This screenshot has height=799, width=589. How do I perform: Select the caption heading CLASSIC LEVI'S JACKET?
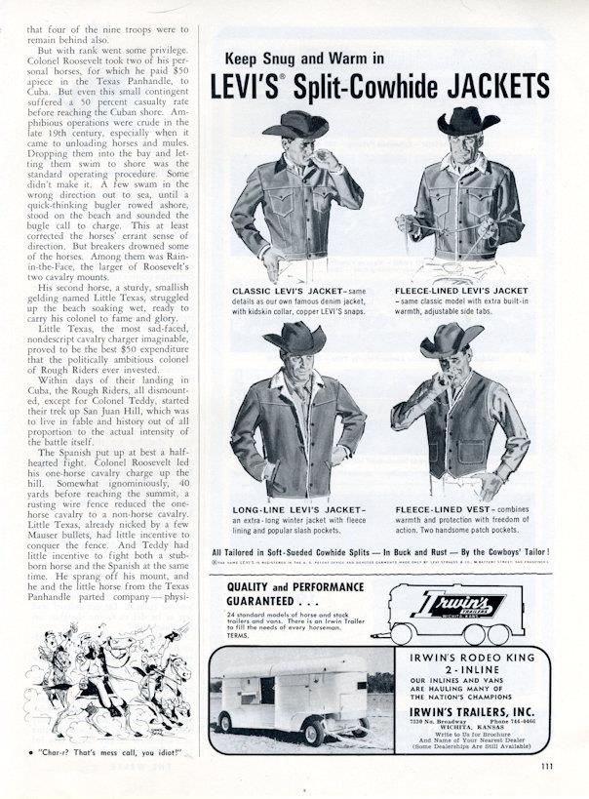pyautogui.click(x=282, y=292)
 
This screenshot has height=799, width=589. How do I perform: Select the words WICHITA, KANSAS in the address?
pyautogui.click(x=470, y=737)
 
